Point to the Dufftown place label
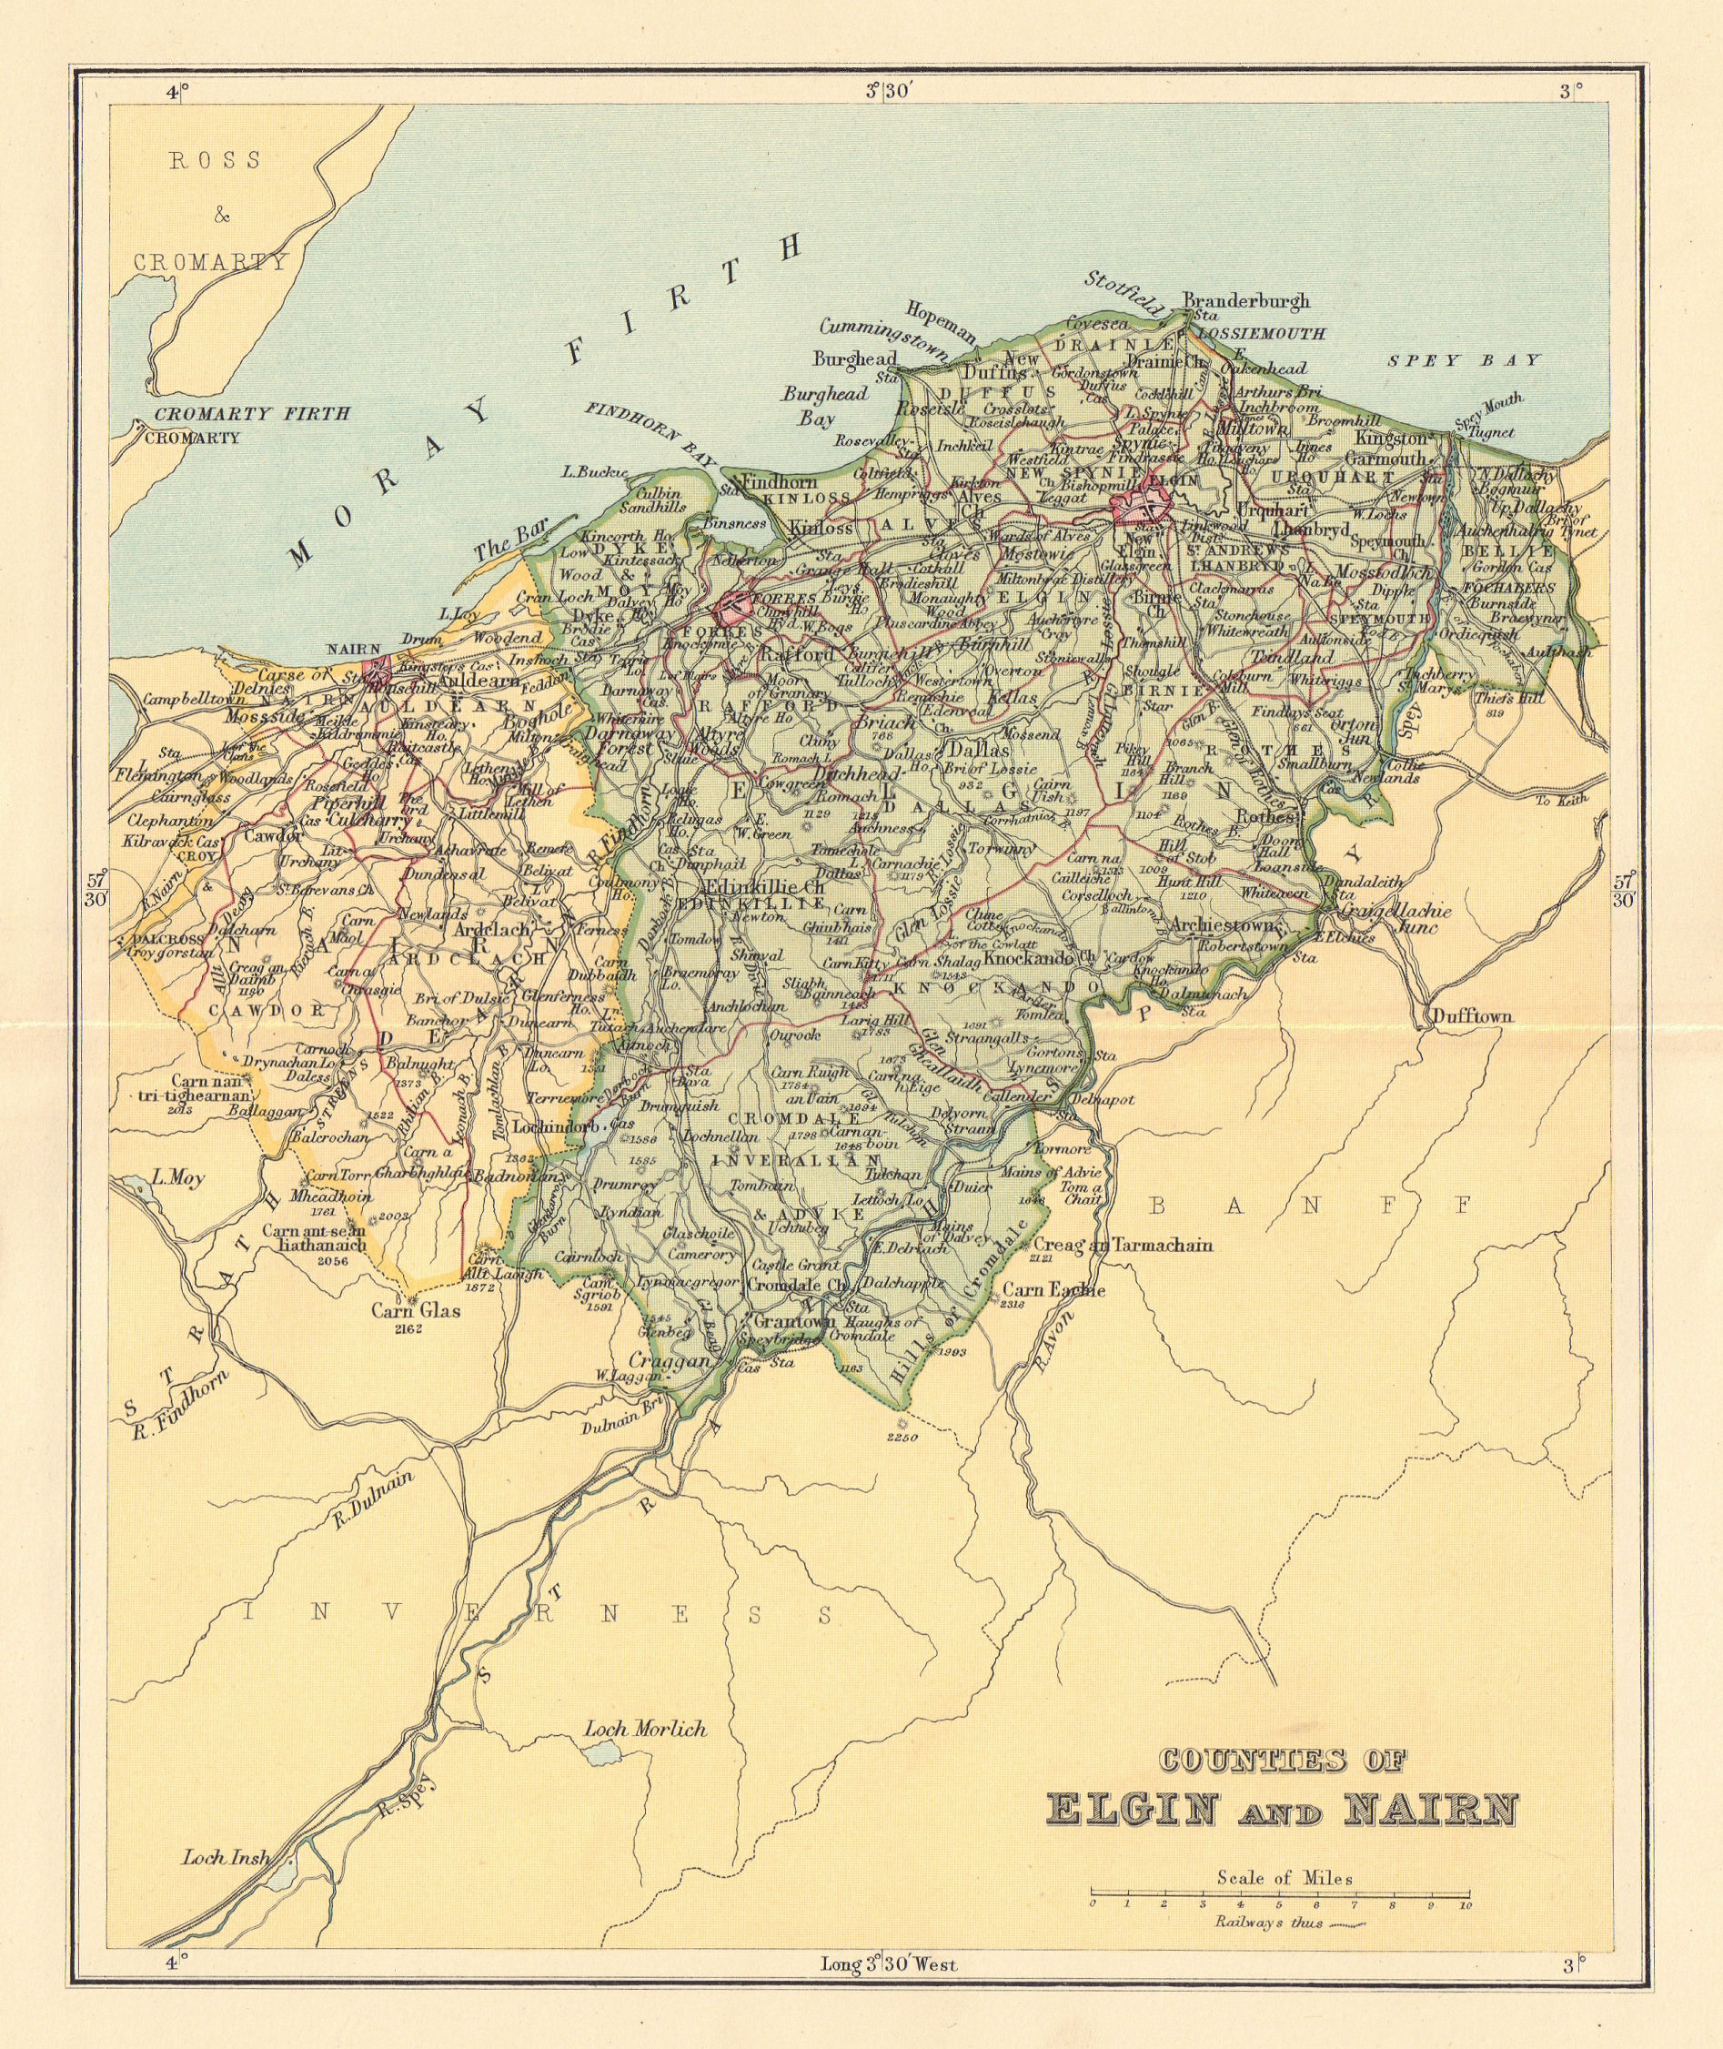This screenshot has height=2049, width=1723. pyautogui.click(x=1472, y=1017)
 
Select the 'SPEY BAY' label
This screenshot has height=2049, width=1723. pyautogui.click(x=1463, y=360)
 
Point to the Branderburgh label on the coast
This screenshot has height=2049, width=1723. pyautogui.click(x=1245, y=301)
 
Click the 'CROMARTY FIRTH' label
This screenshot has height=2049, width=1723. pyautogui.click(x=252, y=414)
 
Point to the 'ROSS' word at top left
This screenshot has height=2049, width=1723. pyautogui.click(x=216, y=161)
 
